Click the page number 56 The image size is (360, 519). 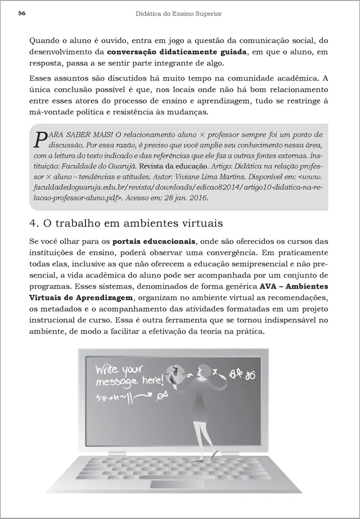(22, 14)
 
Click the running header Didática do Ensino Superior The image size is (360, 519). (178, 14)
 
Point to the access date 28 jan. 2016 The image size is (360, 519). (187, 198)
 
